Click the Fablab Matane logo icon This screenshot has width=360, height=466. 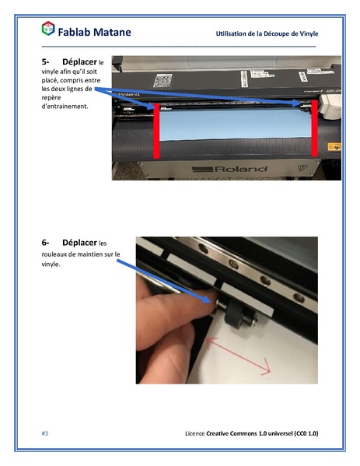click(x=48, y=30)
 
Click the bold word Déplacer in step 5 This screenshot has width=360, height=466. click(x=79, y=61)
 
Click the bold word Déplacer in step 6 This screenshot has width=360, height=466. click(x=79, y=243)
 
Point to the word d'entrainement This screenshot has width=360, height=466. click(x=64, y=106)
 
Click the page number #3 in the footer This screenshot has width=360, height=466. click(x=44, y=432)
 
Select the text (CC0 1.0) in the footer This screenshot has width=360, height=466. click(x=301, y=432)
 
